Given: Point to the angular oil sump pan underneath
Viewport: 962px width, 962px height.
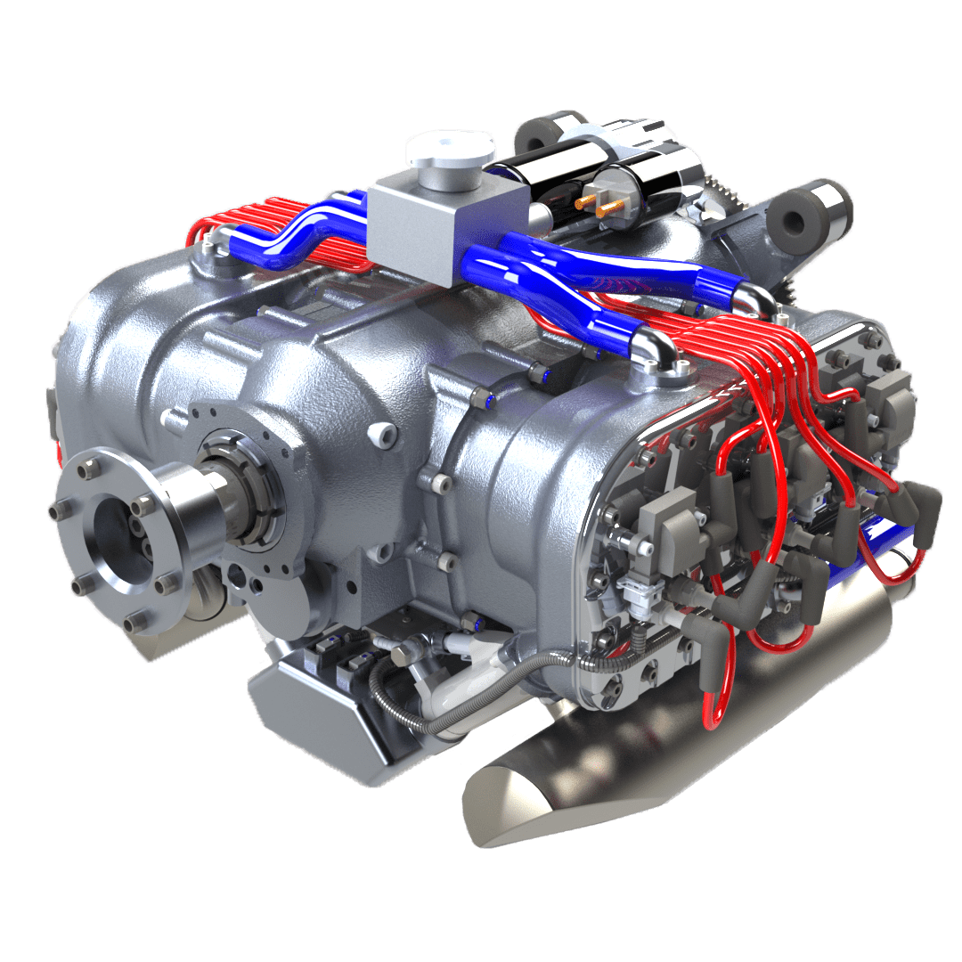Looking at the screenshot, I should (312, 721).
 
